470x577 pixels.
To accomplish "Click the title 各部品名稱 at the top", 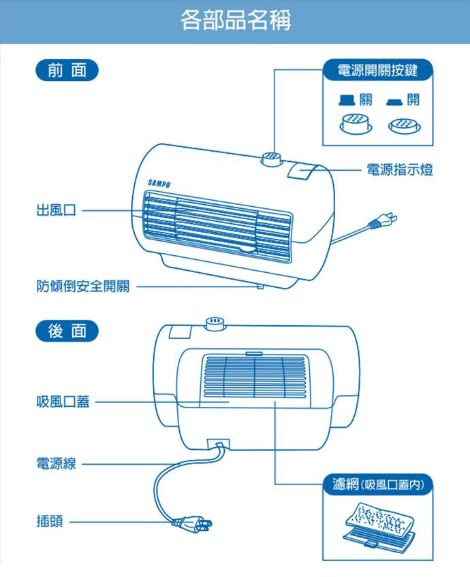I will click(235, 20).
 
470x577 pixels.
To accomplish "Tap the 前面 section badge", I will click(67, 70).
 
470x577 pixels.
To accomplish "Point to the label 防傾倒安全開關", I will click(82, 286).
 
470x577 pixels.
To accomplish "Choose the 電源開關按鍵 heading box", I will click(377, 70).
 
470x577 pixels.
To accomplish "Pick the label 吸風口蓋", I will click(63, 402).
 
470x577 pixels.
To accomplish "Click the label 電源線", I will click(56, 464).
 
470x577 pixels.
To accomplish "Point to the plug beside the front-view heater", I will click(382, 220).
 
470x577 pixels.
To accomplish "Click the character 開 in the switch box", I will click(412, 101).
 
